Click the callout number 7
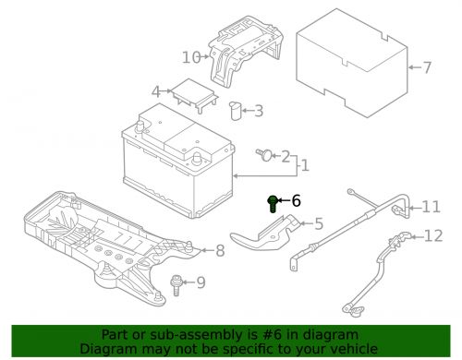(427, 67)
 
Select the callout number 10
(190, 57)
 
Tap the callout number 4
(157, 91)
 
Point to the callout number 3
(258, 112)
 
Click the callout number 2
(286, 156)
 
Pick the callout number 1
(305, 166)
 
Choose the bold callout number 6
(296, 200)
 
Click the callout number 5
(319, 222)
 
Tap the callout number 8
(219, 250)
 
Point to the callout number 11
(432, 206)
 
